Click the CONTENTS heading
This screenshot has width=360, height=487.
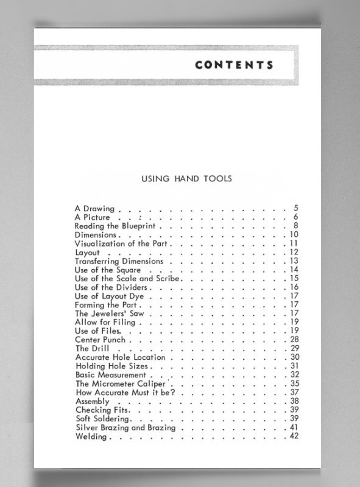click(x=234, y=65)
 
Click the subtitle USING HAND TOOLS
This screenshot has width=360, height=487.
click(x=186, y=179)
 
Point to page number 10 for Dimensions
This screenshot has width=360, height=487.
click(x=293, y=235)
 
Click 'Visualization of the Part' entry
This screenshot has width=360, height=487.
click(x=121, y=243)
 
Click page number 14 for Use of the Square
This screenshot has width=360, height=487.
click(x=294, y=270)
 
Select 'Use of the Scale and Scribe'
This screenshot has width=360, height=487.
click(x=127, y=278)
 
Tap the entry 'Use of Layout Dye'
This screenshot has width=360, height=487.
click(x=109, y=296)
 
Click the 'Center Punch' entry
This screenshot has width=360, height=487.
click(x=100, y=340)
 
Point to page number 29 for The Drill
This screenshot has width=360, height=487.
click(x=294, y=348)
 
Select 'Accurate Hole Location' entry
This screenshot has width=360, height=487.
click(x=120, y=357)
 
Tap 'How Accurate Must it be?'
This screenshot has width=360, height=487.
click(x=125, y=393)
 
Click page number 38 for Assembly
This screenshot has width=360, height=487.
click(x=294, y=401)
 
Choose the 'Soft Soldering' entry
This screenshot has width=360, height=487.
click(x=102, y=419)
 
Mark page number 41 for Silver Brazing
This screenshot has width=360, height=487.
click(x=294, y=428)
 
